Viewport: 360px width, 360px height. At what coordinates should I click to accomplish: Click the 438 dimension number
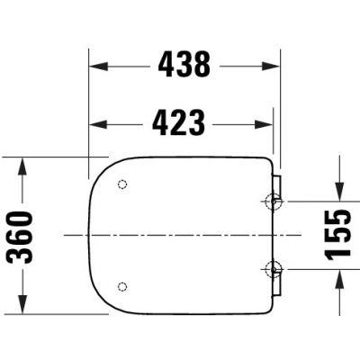pos(184,64)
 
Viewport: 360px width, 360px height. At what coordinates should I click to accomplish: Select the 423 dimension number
pos(179,122)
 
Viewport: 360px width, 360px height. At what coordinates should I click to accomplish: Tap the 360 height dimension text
pos(20,237)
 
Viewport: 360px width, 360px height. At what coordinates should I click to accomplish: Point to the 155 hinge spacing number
pos(337,235)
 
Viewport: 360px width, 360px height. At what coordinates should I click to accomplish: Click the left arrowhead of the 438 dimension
pos(99,66)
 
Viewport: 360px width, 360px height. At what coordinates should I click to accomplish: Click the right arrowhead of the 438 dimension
pos(271,66)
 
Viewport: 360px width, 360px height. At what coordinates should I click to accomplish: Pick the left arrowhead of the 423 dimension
pos(98,124)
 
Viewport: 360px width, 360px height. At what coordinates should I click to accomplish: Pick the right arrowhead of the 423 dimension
pos(264,124)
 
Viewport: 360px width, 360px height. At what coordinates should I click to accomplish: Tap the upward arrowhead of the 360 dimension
pos(22,166)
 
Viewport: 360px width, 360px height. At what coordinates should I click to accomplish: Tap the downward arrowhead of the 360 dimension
pos(22,304)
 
